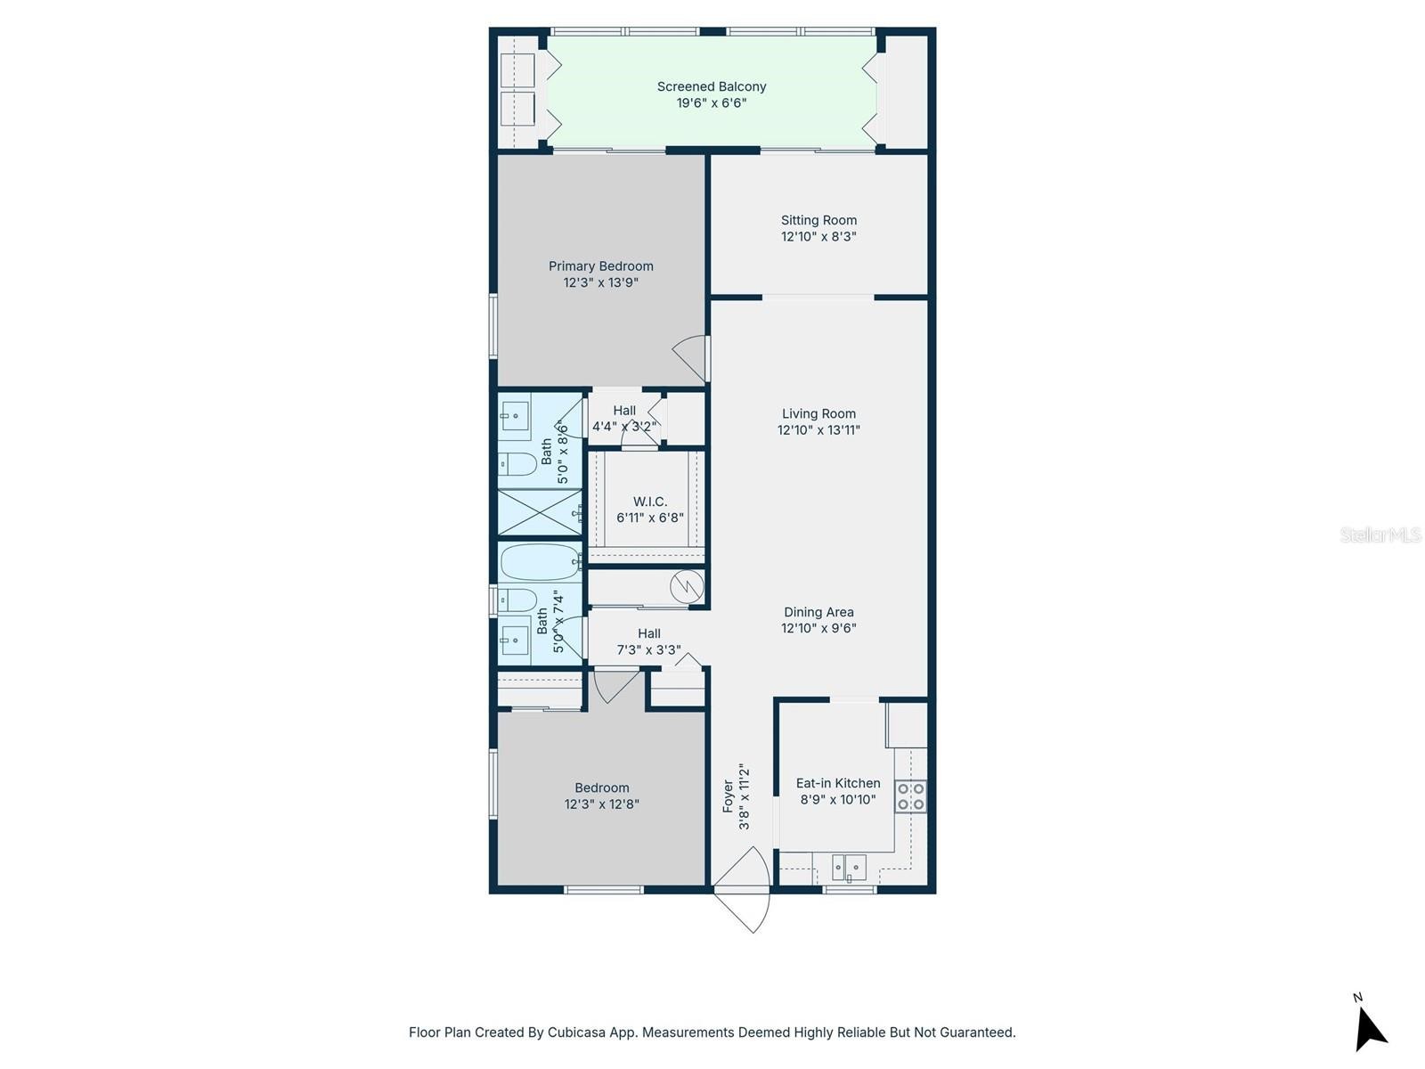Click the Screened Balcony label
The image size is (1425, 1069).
[711, 86]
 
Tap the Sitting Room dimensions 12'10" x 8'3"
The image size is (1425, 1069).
[818, 236]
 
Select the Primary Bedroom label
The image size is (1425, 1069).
[600, 266]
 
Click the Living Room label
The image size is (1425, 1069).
[818, 413]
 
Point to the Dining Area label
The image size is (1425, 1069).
[818, 612]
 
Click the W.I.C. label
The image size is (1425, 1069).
[649, 502]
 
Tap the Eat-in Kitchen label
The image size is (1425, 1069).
[837, 783]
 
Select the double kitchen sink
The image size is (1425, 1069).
[848, 867]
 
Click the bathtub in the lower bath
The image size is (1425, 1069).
[540, 561]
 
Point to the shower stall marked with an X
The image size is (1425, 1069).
[539, 512]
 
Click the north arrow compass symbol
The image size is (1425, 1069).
[1370, 1024]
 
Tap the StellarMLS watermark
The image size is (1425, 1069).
[1380, 534]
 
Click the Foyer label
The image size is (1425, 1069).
[727, 796]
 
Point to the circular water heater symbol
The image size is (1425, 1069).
[687, 586]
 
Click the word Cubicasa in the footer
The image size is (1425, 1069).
[574, 1032]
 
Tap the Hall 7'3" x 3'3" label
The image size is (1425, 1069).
[648, 641]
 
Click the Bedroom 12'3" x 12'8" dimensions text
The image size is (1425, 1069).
[601, 804]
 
